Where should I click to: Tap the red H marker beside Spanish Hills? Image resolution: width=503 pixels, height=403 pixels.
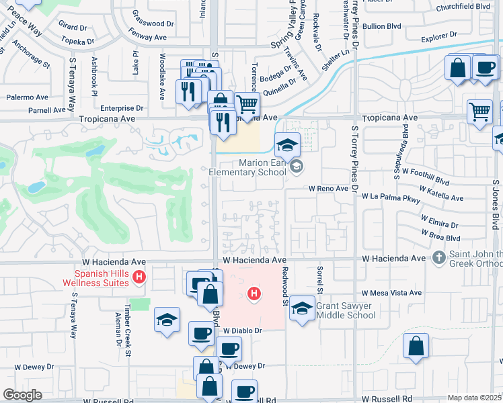pyautogui.click(x=139, y=277)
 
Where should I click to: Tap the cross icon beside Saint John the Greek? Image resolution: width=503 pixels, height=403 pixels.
pyautogui.click(x=438, y=257)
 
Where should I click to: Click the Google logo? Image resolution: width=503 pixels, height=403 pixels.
pyautogui.click(x=23, y=395)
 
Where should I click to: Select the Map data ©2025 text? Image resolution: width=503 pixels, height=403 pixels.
pyautogui.click(x=474, y=398)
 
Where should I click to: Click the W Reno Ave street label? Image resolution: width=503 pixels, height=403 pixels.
pyautogui.click(x=328, y=189)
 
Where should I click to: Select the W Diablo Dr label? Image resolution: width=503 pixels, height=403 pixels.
pyautogui.click(x=242, y=331)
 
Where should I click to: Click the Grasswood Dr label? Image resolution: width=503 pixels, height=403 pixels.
pyautogui.click(x=152, y=23)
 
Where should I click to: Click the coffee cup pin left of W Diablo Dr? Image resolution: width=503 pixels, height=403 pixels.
pyautogui.click(x=200, y=334)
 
